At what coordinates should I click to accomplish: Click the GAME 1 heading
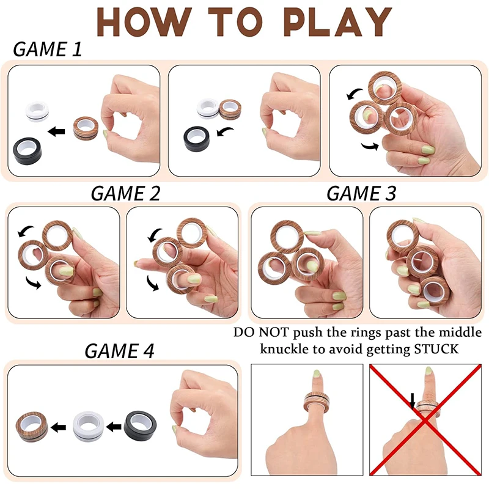[47, 50]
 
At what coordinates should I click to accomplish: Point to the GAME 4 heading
[119, 351]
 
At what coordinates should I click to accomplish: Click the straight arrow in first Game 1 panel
[59, 130]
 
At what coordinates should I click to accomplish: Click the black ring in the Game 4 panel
[141, 424]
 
